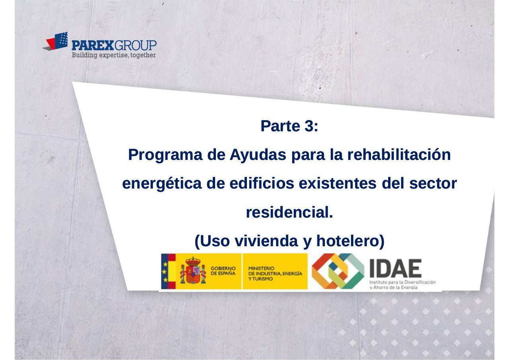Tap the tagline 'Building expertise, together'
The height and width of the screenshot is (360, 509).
[113, 55]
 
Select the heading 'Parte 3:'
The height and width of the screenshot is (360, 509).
[289, 126]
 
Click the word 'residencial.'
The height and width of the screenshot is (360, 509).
[289, 213]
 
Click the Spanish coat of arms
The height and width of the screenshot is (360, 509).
[193, 271]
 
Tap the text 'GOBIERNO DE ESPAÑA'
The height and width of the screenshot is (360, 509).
[223, 271]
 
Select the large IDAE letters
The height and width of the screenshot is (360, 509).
[396, 269]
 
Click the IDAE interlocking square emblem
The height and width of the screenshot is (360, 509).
[337, 271]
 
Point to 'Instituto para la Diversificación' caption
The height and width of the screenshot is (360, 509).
[402, 282]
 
